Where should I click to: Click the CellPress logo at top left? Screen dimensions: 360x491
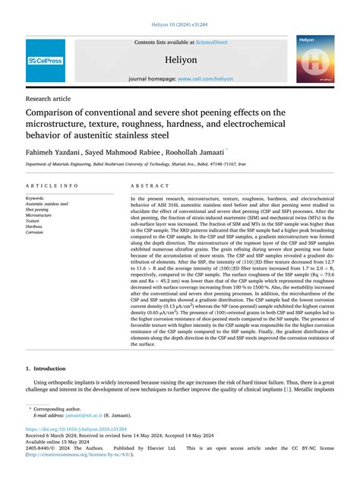(46, 60)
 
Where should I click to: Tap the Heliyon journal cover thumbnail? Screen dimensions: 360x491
(314, 59)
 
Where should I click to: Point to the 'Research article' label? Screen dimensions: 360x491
(47, 98)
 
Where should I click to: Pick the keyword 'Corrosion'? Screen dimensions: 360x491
(36, 232)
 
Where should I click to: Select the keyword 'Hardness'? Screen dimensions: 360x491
(35, 226)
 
